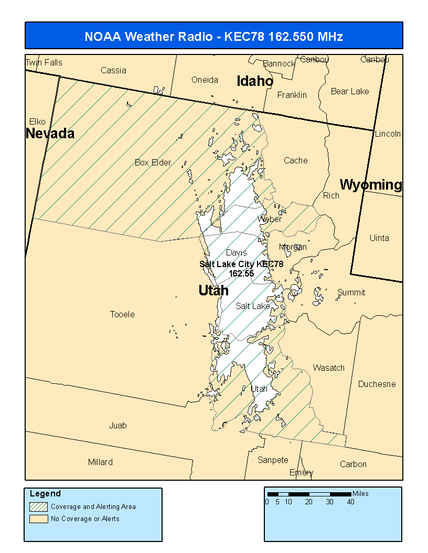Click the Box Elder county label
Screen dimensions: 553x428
click(x=153, y=162)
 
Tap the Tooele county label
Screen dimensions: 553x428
click(x=122, y=314)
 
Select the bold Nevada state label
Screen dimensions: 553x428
click(x=50, y=134)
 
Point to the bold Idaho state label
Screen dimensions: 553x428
click(x=255, y=81)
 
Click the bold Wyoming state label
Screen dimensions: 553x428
click(x=371, y=185)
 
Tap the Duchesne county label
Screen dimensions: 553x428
click(x=377, y=384)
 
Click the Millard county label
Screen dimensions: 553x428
click(x=100, y=462)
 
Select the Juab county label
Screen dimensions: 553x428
click(x=118, y=425)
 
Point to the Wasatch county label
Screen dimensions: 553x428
click(x=329, y=368)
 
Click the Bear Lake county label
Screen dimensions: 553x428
click(x=350, y=91)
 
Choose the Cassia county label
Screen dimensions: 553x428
click(x=113, y=70)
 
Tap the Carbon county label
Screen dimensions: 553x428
click(x=353, y=464)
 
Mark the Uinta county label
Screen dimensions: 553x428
click(x=379, y=238)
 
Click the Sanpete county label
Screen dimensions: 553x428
click(x=273, y=460)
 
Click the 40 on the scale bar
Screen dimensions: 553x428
click(x=350, y=502)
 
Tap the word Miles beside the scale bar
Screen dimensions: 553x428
click(x=361, y=493)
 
